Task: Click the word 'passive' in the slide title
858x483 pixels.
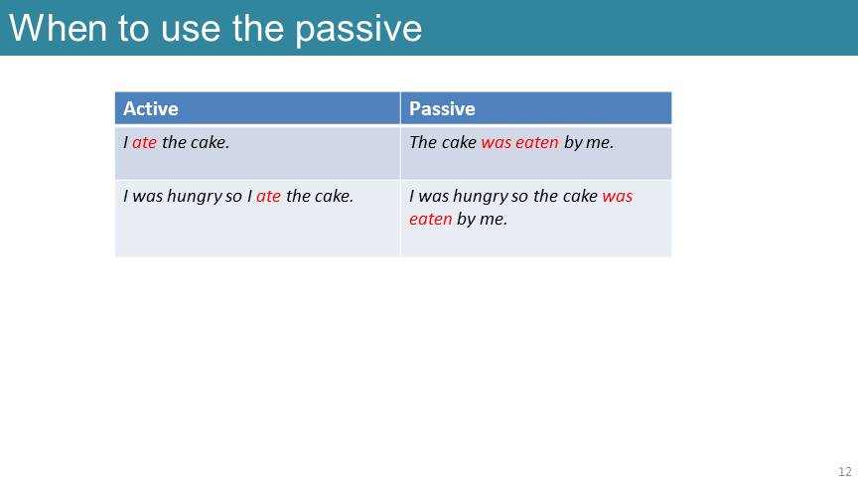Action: click(358, 30)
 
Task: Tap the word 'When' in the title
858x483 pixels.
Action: click(58, 28)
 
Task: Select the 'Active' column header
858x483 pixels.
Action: click(151, 108)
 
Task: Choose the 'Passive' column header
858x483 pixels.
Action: click(442, 108)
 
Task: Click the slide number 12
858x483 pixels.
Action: click(845, 471)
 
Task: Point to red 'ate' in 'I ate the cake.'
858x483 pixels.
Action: click(144, 142)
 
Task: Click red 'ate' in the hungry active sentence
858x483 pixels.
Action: click(269, 196)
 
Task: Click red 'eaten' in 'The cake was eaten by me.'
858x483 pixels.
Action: click(537, 142)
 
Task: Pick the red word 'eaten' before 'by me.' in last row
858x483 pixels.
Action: click(431, 219)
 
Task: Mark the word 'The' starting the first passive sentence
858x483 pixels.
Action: click(422, 142)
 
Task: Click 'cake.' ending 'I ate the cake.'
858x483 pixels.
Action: click(211, 142)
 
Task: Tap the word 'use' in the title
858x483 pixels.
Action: click(191, 30)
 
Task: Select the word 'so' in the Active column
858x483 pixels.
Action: click(233, 197)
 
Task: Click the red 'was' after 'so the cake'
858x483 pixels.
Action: click(618, 197)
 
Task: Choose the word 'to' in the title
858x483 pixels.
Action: click(133, 29)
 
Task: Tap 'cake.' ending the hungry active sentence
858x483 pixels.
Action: click(335, 196)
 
